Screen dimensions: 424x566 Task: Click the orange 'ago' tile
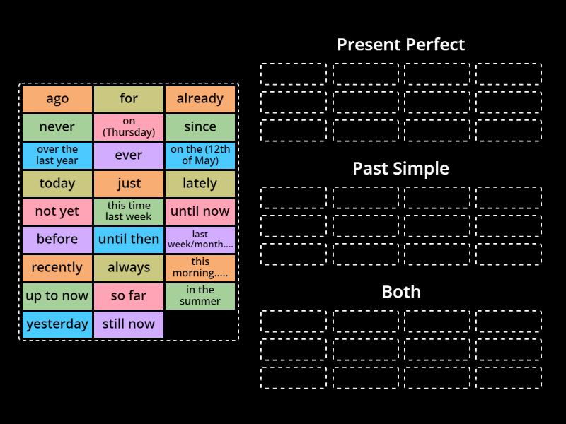pos(57,99)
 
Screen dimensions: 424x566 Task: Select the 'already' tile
pos(200,99)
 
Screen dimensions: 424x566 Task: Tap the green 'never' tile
pos(57,127)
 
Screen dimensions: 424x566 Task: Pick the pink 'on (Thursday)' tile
pos(129,127)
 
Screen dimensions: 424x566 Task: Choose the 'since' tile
pos(200,127)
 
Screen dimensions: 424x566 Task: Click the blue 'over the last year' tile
pos(57,155)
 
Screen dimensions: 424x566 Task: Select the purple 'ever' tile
pos(129,155)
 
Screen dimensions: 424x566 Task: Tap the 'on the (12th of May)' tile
pos(200,155)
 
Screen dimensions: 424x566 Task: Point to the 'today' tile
pos(57,183)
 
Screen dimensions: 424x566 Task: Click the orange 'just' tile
pos(129,183)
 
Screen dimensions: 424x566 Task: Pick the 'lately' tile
pos(200,183)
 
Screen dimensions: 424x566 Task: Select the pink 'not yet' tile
pos(57,211)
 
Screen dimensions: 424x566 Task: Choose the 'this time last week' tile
pos(129,211)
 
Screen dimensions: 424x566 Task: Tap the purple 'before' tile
pos(57,240)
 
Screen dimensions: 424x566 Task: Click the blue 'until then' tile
pos(129,240)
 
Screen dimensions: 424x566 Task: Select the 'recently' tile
pos(57,268)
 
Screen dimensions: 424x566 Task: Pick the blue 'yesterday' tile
pos(57,324)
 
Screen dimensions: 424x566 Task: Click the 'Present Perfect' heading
pos(400,45)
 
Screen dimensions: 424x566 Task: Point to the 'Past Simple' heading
pos(400,168)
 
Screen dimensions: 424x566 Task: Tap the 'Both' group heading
pos(400,292)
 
